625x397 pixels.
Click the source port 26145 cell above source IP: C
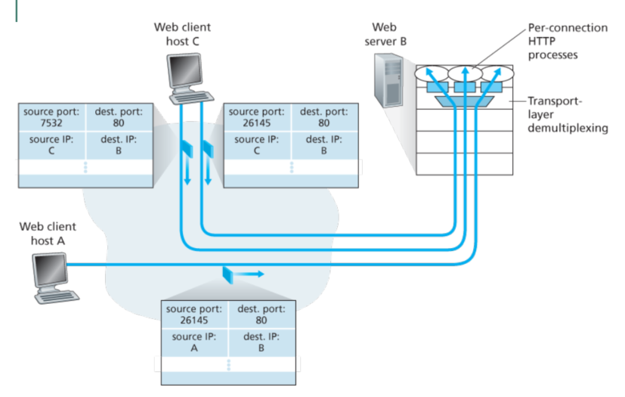(x=258, y=117)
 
